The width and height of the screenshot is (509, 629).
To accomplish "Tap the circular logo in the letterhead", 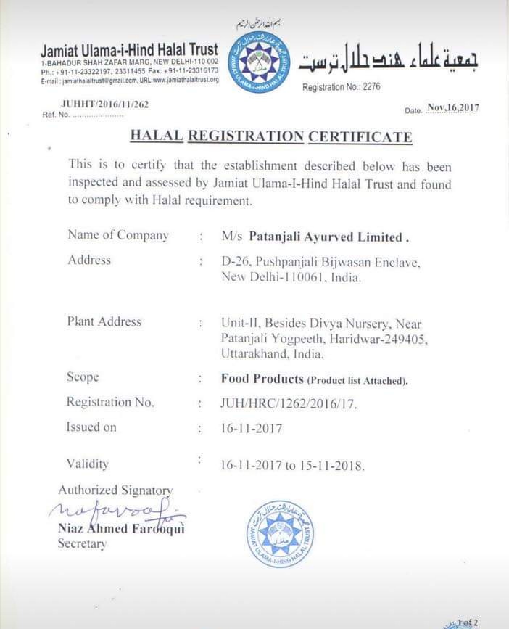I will (259, 62).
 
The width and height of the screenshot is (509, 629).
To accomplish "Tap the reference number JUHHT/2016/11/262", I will (105, 104).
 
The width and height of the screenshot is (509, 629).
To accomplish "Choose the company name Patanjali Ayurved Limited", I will (325, 237).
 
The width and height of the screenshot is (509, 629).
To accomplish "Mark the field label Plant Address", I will (104, 321).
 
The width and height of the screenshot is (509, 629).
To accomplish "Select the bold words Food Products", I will (262, 379).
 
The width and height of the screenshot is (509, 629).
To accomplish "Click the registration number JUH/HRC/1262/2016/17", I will (288, 403).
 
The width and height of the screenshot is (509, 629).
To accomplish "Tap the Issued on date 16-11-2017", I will (251, 428).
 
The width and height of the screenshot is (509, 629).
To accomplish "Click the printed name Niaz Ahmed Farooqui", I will (121, 529).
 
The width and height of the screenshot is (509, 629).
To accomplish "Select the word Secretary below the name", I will (82, 543).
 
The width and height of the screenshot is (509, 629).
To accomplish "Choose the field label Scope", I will (82, 377).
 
